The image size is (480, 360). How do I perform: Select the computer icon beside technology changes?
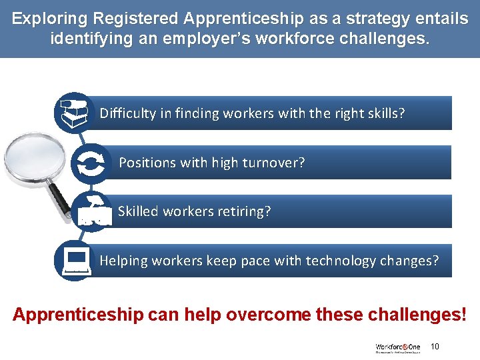pyautogui.click(x=75, y=260)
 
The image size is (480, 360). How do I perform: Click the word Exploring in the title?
pyautogui.click(x=51, y=19)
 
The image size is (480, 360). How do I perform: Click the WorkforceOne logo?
pyautogui.click(x=397, y=347)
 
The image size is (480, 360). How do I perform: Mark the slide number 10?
pyautogui.click(x=435, y=346)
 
